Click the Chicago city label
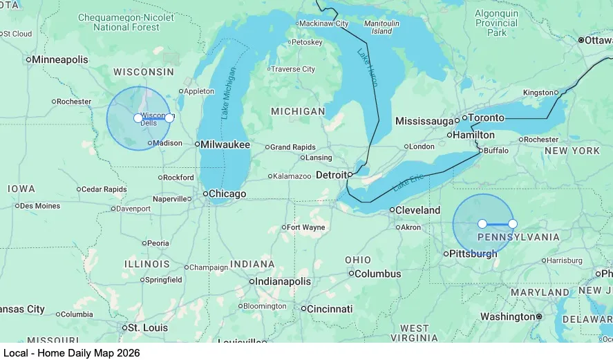227,194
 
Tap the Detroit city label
332,175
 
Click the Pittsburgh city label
473,254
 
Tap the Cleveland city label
417,210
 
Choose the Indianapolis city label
283,282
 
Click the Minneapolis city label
60,59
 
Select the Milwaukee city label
225,144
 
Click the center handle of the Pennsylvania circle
482,224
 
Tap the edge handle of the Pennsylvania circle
513,224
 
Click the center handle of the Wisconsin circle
138,118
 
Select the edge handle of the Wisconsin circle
169,118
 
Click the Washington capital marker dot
539,316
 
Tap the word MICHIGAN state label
298,111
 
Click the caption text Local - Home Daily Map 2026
71,352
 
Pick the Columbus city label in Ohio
378,274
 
